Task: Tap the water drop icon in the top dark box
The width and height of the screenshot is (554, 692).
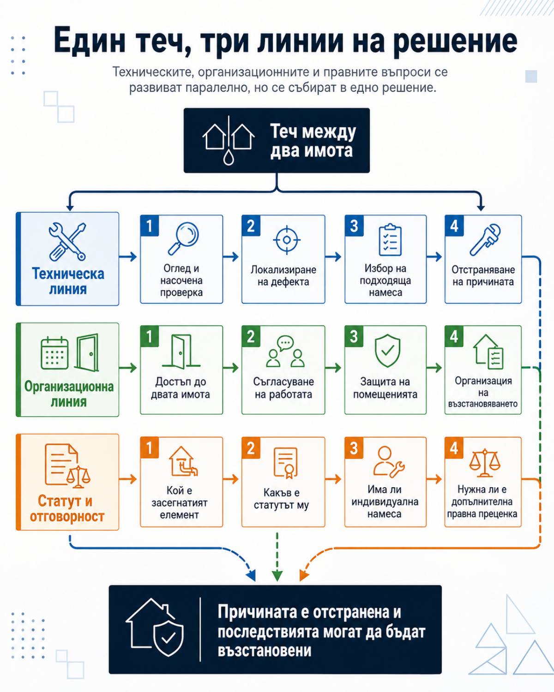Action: pyautogui.click(x=229, y=156)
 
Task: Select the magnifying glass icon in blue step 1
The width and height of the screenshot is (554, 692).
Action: pyautogui.click(x=183, y=238)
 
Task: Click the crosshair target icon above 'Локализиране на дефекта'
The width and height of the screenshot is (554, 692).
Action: pyautogui.click(x=287, y=239)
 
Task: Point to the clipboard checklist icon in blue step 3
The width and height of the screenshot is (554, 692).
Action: pyautogui.click(x=390, y=239)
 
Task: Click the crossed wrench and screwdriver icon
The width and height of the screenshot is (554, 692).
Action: pyautogui.click(x=67, y=241)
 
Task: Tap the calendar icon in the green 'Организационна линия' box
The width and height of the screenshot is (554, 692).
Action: pyautogui.click(x=55, y=353)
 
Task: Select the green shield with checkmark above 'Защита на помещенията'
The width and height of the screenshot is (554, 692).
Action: pyautogui.click(x=388, y=351)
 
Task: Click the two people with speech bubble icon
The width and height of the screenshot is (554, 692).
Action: pyautogui.click(x=285, y=352)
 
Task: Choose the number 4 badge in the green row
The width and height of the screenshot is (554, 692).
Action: pyautogui.click(x=454, y=336)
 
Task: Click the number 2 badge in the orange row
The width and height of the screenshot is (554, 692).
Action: pyautogui.click(x=251, y=447)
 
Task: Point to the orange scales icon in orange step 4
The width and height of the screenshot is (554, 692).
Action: pyautogui.click(x=485, y=463)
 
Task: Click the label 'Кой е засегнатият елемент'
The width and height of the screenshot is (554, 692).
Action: pyautogui.click(x=180, y=502)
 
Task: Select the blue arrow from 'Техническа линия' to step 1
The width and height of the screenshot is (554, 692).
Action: pyautogui.click(x=128, y=257)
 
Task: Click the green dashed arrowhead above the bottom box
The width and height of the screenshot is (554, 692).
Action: pyautogui.click(x=277, y=576)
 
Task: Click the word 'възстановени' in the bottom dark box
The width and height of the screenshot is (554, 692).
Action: pyautogui.click(x=265, y=651)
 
